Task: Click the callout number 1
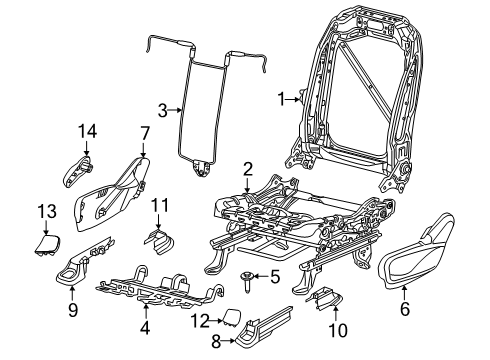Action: pyautogui.click(x=282, y=98)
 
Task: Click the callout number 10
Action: pyautogui.click(x=335, y=329)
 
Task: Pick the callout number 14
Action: pyautogui.click(x=87, y=130)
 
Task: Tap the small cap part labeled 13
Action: pyautogui.click(x=46, y=242)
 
